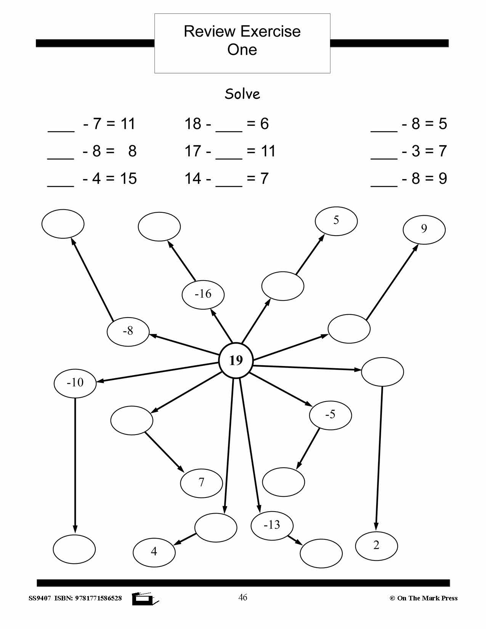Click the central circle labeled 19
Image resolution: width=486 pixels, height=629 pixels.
[x=236, y=360]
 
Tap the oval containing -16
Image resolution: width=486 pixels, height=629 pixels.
[x=203, y=294]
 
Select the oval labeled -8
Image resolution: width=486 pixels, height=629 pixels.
[x=128, y=331]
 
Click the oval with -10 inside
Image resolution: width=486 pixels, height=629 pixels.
[x=75, y=382]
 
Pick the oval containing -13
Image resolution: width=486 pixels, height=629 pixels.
[x=272, y=525]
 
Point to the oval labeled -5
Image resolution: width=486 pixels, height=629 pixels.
[x=330, y=415]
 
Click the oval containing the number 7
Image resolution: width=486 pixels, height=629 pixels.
[x=201, y=483]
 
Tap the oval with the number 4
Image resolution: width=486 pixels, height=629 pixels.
[x=154, y=552]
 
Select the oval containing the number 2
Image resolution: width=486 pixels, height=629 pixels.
[x=376, y=546]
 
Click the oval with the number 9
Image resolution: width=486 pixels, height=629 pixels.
[x=424, y=229]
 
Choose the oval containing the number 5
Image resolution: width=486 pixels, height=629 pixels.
[x=336, y=221]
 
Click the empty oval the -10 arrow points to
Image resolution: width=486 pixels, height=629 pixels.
[x=74, y=549]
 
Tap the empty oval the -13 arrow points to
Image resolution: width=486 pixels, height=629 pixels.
[x=321, y=553]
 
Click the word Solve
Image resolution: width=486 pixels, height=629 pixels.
[x=242, y=94]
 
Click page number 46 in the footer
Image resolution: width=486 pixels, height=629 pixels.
[x=242, y=597]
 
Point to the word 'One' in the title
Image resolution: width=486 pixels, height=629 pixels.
[x=242, y=50]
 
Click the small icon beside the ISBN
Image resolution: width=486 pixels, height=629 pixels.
[x=145, y=599]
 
